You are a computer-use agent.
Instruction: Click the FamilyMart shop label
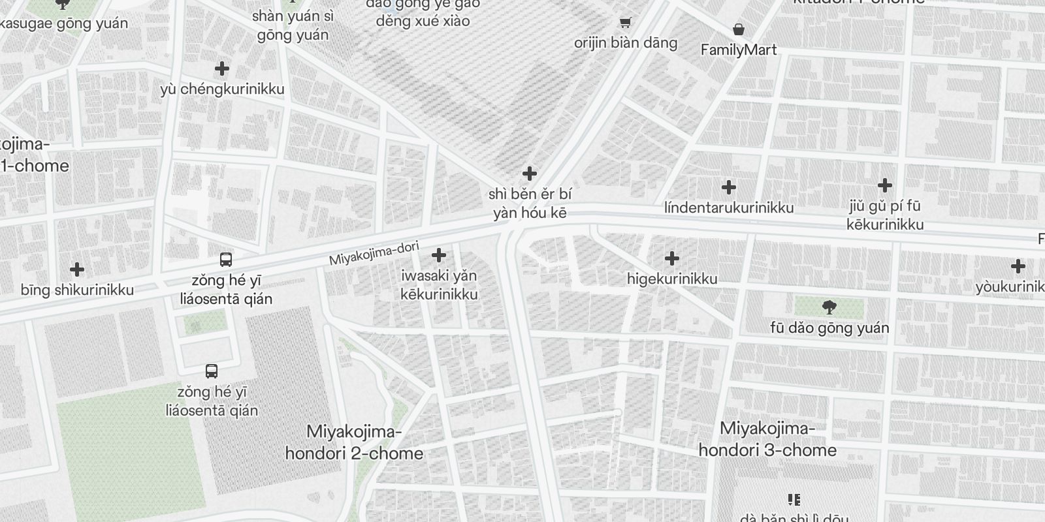pos(739,50)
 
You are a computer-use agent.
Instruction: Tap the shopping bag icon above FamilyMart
pos(738,29)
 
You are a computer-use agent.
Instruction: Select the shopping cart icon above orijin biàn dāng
pos(625,23)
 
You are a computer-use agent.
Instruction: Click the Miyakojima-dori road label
pos(374,253)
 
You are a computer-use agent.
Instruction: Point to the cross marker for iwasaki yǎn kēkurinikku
pos(439,254)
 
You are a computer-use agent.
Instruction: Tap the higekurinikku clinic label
pos(672,279)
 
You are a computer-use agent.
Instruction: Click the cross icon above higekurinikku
pos(671,258)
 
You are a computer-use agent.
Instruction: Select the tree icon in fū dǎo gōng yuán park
pos(829,307)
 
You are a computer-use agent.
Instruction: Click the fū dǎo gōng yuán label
pos(829,328)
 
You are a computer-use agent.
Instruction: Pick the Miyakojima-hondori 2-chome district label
pos(354,442)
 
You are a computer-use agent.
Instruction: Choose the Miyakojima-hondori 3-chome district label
pos(767,439)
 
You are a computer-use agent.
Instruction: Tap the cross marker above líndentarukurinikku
pos(729,187)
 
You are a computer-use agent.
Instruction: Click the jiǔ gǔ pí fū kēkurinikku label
pos(885,215)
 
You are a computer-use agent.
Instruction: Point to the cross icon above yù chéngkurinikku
pos(222,69)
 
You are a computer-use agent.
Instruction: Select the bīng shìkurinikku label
pos(77,290)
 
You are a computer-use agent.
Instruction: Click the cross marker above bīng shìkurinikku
pos(77,269)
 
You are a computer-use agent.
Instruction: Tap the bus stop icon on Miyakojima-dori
pos(226,260)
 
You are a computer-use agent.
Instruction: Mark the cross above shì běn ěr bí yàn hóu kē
pos(530,174)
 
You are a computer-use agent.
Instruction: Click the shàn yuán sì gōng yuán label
pos(293,25)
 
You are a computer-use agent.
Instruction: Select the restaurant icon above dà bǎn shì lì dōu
pos(794,500)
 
